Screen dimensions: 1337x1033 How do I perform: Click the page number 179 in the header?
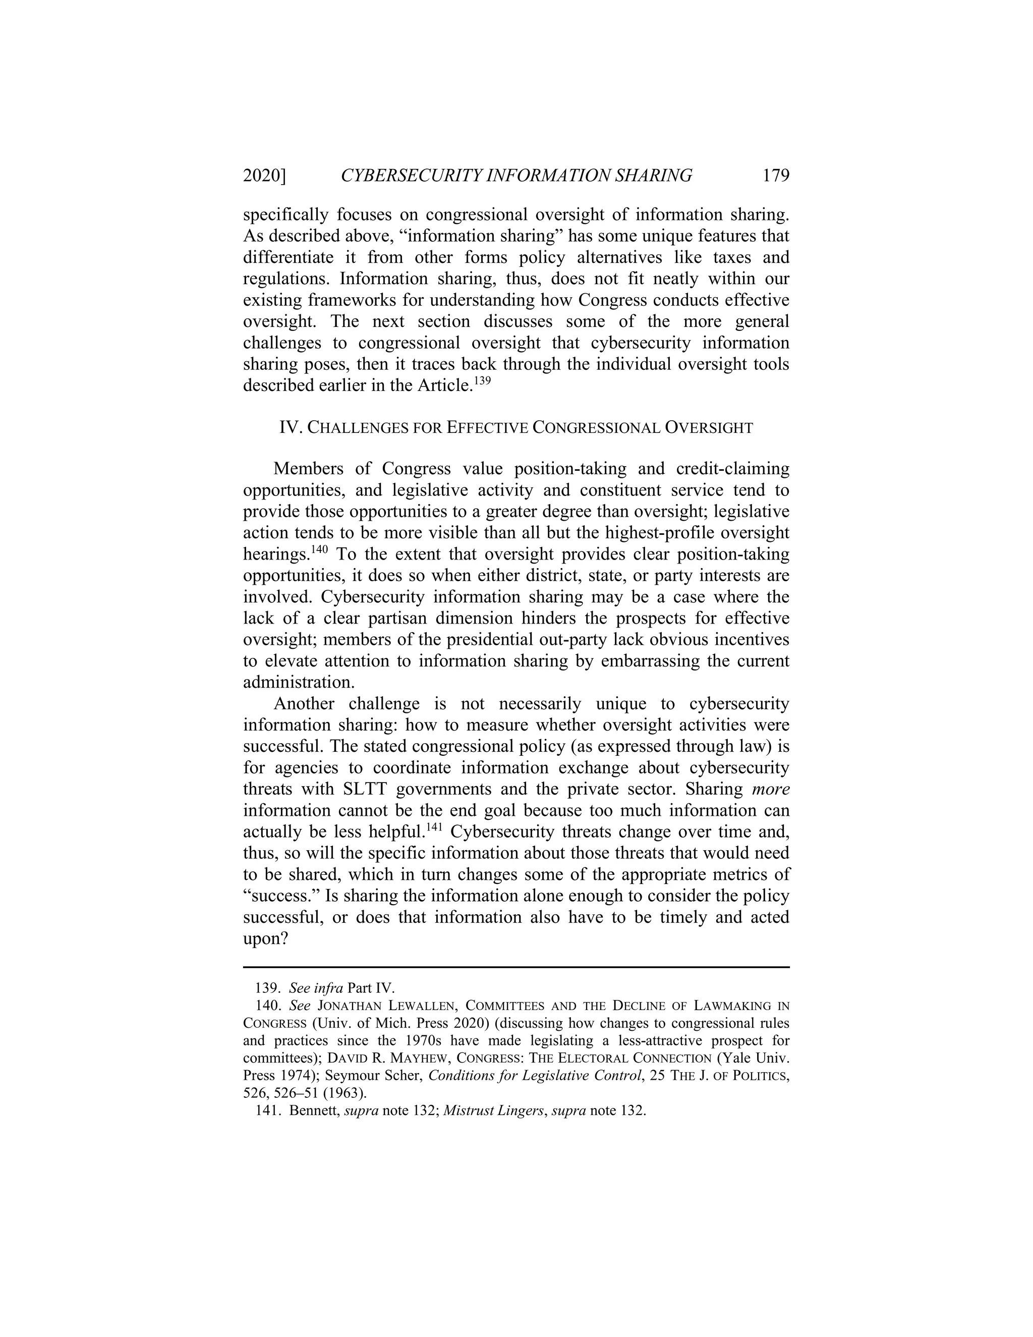click(x=776, y=176)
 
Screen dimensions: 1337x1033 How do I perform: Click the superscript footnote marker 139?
click(x=483, y=380)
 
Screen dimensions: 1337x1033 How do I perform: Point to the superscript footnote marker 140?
click(x=319, y=548)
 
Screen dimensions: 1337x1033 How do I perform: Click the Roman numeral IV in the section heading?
click(x=289, y=427)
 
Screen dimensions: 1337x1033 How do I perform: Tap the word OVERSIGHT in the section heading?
click(x=709, y=428)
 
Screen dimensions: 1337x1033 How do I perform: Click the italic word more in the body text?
click(x=771, y=789)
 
